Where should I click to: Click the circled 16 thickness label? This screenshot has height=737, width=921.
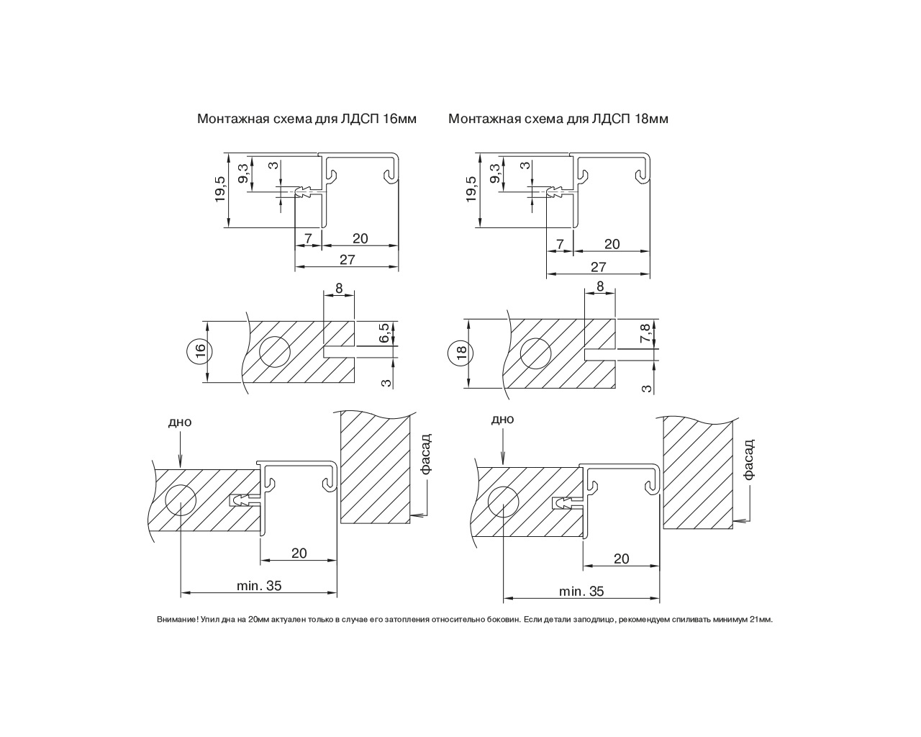[200, 351]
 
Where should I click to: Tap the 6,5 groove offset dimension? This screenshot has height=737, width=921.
[384, 333]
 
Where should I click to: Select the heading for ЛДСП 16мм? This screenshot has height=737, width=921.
[307, 119]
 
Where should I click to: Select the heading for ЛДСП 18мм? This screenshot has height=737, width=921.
[558, 119]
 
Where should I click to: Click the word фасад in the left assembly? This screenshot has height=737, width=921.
[426, 453]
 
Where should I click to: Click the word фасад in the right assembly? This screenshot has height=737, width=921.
[748, 459]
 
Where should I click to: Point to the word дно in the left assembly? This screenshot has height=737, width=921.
[180, 422]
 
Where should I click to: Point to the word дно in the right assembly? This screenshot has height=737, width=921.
[502, 420]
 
